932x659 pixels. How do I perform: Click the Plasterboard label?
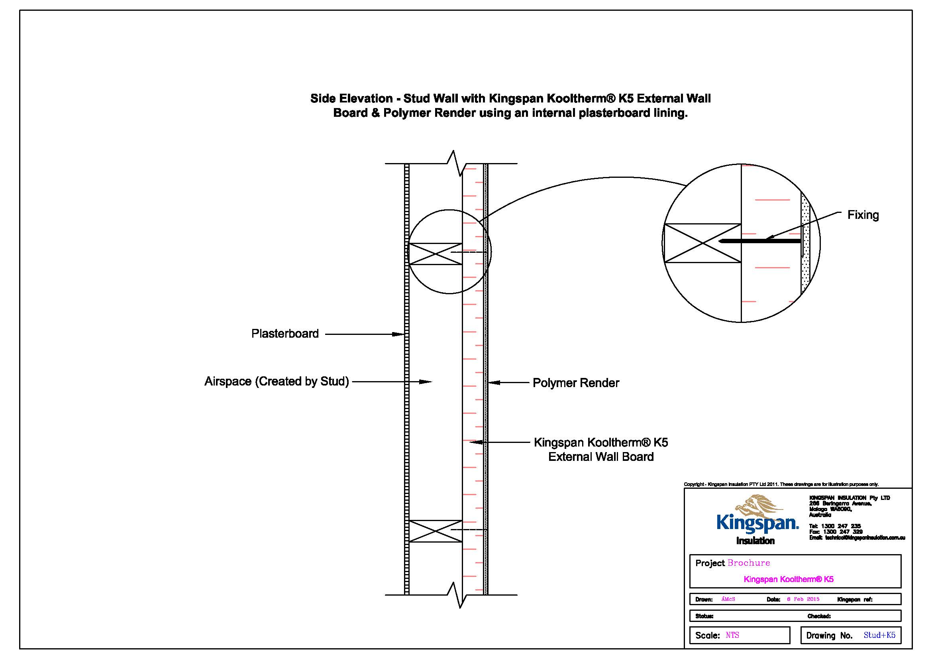285,334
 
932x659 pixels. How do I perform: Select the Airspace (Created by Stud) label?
277,382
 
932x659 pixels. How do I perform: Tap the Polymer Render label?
576,383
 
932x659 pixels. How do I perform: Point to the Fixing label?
863,215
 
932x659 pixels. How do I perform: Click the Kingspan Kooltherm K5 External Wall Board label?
601,449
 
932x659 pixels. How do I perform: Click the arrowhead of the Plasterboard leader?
400,334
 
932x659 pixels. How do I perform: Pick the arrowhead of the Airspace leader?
427,382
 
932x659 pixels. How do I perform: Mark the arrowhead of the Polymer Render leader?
492,382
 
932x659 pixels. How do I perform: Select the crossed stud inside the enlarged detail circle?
702,243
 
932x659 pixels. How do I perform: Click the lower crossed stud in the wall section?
435,531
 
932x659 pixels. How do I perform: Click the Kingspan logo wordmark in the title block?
757,523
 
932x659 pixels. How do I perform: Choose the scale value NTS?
732,635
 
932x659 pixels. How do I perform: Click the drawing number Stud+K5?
879,635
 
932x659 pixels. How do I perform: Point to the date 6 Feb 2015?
803,599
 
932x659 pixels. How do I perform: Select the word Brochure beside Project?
749,563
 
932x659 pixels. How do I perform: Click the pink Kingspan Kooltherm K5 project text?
788,579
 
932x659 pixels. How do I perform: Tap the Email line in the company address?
857,537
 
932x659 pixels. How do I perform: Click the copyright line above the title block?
781,484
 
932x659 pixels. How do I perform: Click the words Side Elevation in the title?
351,98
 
